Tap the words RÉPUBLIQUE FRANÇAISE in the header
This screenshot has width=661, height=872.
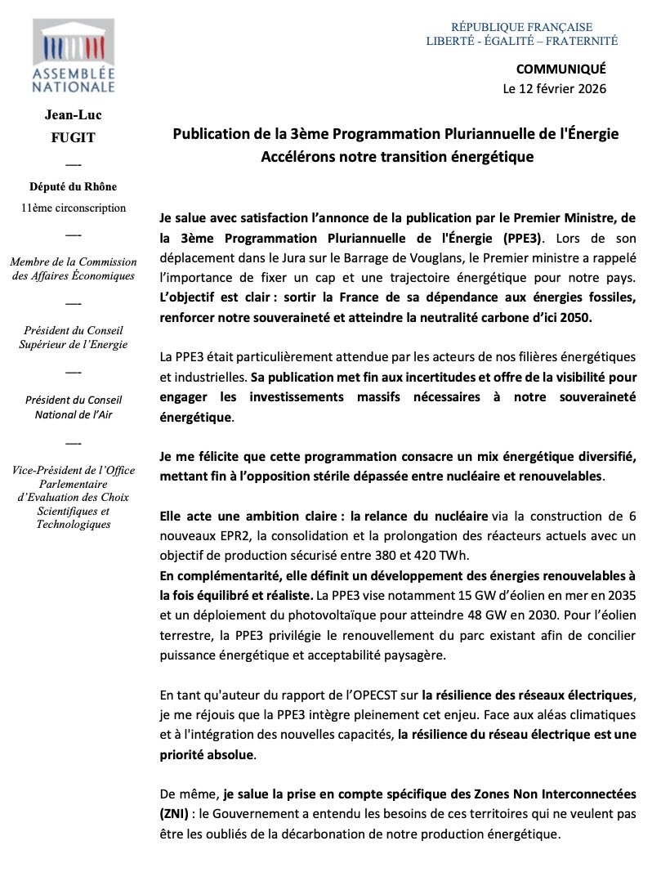[521, 27]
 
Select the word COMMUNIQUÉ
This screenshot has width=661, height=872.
[561, 70]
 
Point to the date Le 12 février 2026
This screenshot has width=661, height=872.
[555, 88]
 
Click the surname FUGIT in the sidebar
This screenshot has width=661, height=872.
[73, 137]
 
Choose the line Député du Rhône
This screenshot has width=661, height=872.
[73, 187]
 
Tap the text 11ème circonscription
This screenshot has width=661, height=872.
[73, 208]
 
